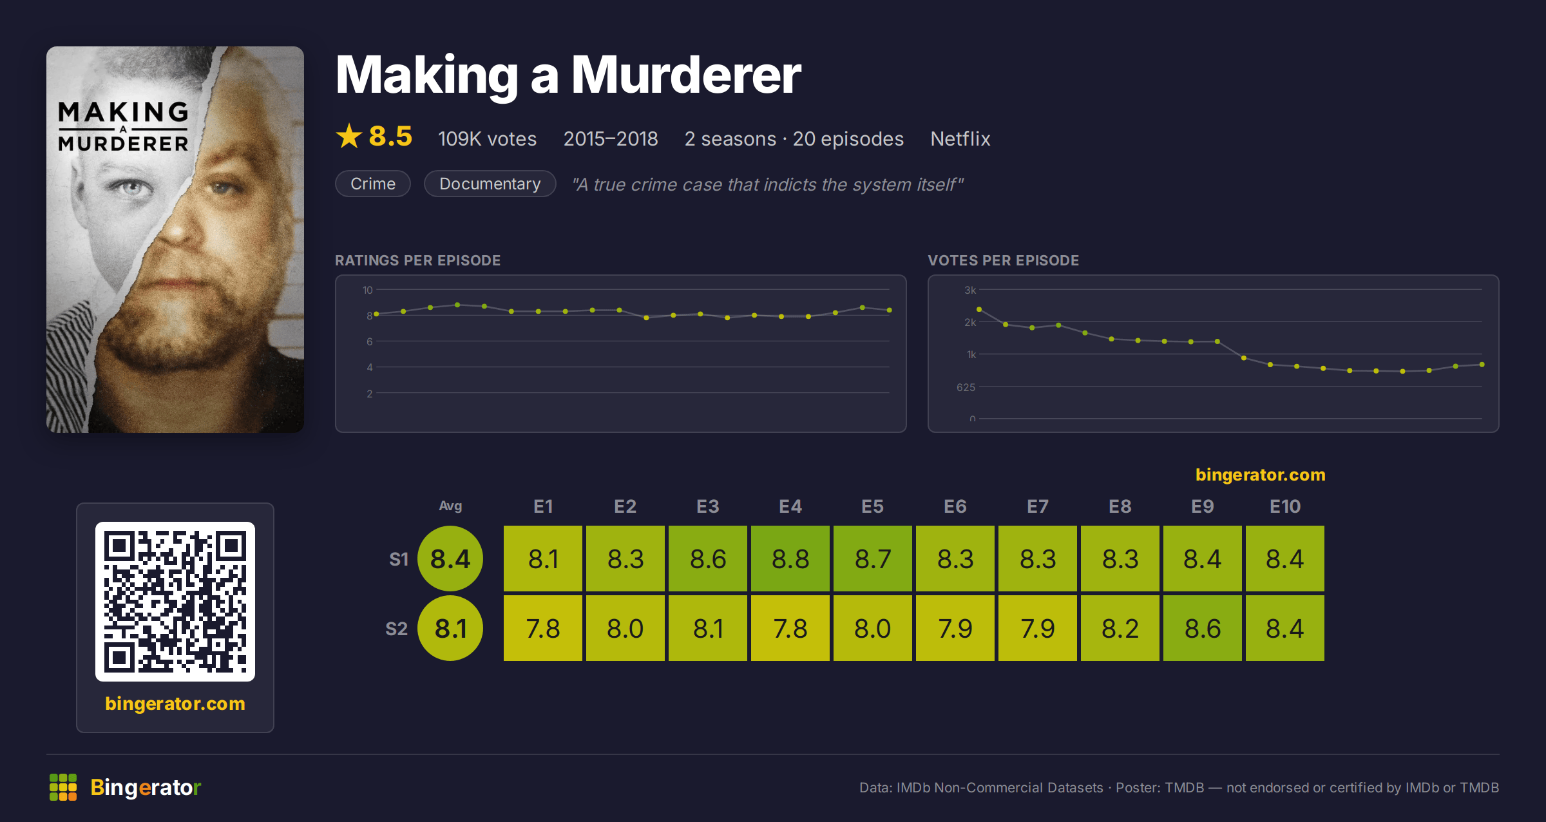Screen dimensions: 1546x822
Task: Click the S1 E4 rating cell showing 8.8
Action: click(790, 559)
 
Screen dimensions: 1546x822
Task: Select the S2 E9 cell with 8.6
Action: click(1203, 628)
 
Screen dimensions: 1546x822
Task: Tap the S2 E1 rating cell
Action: click(543, 628)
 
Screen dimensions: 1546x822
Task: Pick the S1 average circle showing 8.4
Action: click(450, 559)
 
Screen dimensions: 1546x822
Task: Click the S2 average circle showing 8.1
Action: click(450, 628)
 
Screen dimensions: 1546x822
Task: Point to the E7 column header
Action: click(1038, 506)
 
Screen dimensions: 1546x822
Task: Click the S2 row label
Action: click(397, 629)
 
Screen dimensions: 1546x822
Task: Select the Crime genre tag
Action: click(373, 184)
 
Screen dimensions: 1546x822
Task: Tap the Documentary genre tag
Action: click(490, 184)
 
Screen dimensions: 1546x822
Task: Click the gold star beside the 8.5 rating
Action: click(349, 136)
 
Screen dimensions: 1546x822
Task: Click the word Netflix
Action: click(960, 139)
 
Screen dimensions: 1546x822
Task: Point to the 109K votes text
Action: click(488, 139)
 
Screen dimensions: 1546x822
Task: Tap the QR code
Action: click(175, 602)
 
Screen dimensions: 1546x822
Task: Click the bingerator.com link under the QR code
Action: click(175, 703)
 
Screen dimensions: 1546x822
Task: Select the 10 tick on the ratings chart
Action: click(367, 290)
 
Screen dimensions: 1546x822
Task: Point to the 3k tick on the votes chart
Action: click(970, 290)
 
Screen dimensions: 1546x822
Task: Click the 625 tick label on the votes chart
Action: click(966, 387)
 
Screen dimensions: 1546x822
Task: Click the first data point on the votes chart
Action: click(979, 309)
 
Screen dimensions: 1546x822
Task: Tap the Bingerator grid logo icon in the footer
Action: click(63, 787)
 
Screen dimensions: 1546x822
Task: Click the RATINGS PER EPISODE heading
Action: click(418, 260)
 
